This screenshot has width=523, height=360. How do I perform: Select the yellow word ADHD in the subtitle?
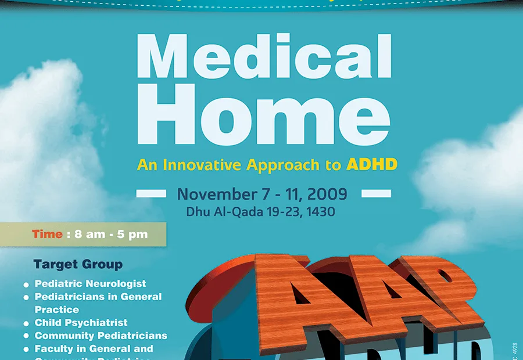[372, 164]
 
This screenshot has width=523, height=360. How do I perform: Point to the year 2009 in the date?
[328, 193]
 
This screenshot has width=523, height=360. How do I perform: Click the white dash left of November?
[151, 193]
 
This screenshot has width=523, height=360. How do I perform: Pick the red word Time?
[47, 235]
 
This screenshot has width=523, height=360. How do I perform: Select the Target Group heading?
[78, 265]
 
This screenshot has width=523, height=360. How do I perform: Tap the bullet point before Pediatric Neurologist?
[26, 285]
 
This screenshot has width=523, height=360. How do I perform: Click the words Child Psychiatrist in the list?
[81, 322]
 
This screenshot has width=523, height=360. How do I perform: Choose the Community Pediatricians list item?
[101, 336]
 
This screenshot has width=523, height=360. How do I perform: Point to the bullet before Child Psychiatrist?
[26, 323]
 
